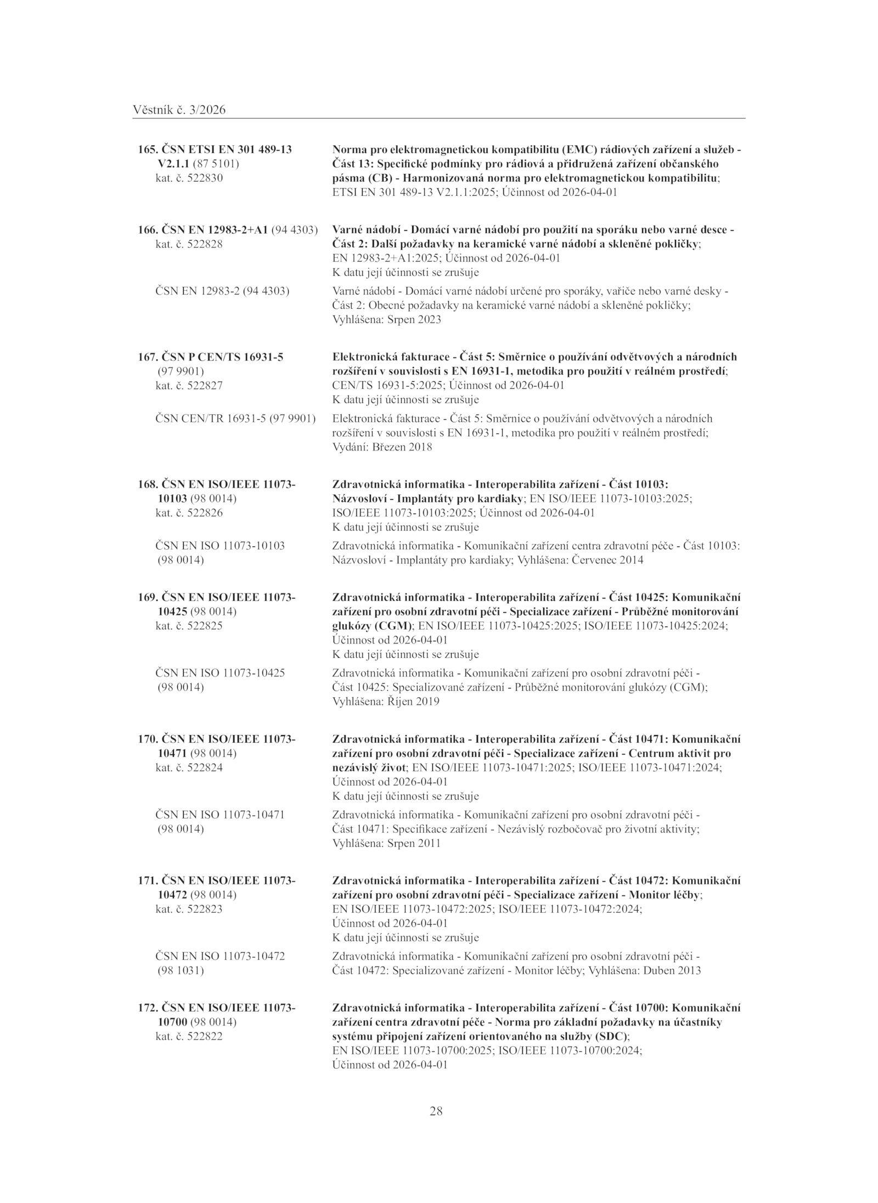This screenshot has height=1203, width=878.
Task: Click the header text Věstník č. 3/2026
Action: [179, 110]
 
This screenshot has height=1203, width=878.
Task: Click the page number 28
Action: [436, 1111]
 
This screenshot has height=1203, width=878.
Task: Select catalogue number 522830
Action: [205, 178]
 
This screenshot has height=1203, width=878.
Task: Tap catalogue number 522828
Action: [205, 244]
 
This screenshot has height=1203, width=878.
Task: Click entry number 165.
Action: [147, 149]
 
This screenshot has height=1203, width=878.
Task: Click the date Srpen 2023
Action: [414, 319]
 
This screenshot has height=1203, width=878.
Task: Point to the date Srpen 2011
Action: [414, 843]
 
